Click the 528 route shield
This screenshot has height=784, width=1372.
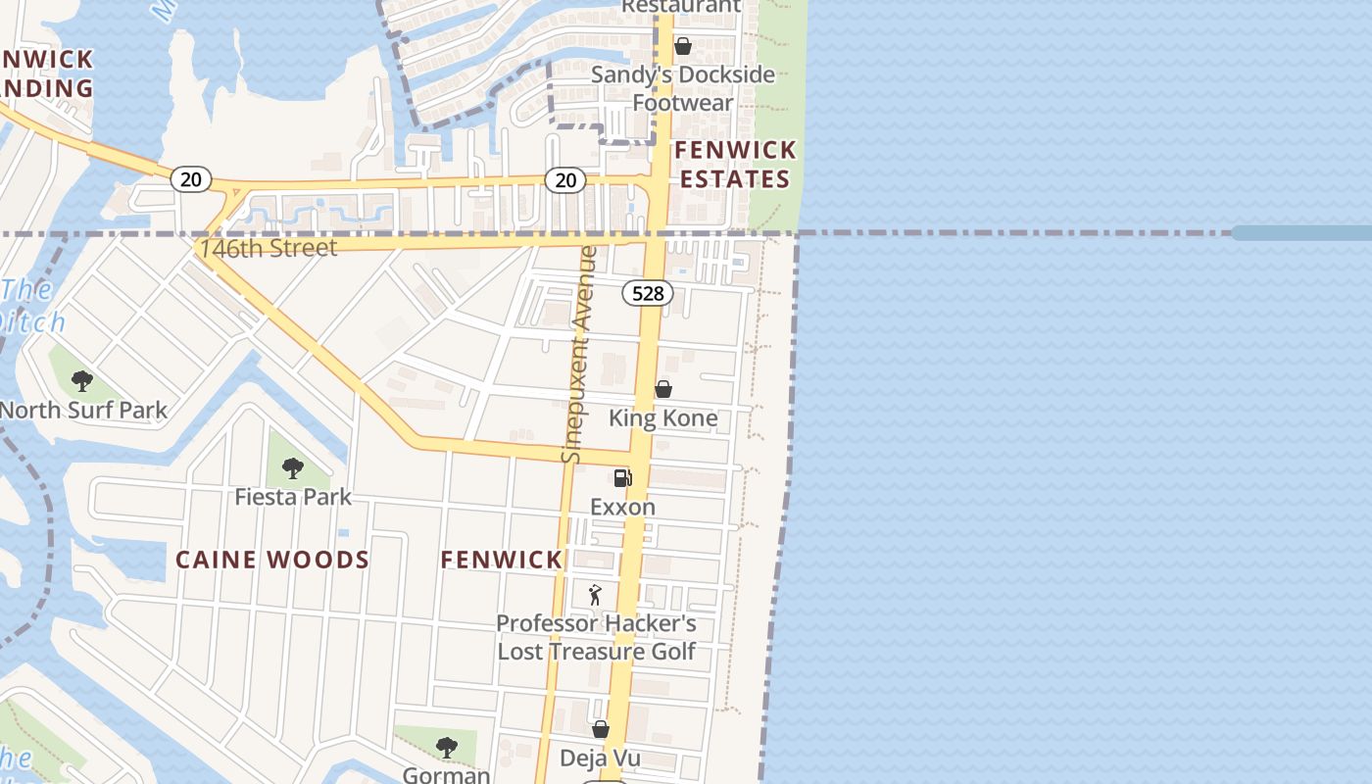point(648,293)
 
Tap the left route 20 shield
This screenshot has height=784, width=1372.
point(191,178)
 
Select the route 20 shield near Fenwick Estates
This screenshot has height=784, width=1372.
point(565,179)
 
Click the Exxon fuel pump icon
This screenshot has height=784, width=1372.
point(622,478)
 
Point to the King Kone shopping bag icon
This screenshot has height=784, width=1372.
point(663,389)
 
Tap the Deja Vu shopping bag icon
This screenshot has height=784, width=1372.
point(601,729)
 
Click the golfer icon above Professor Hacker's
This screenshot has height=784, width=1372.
point(595,595)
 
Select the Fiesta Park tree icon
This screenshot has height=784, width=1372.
point(292,468)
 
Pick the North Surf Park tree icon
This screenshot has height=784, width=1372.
point(82,380)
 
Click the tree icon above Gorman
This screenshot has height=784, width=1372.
point(446,748)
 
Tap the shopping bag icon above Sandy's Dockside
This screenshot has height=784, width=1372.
point(683,46)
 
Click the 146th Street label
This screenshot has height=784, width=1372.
point(269,248)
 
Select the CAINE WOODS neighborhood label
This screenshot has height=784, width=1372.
point(272,560)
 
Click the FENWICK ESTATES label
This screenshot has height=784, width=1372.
point(735,165)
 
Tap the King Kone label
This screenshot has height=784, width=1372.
point(663,418)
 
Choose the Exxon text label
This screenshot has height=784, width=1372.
point(622,508)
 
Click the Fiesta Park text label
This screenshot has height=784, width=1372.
point(292,498)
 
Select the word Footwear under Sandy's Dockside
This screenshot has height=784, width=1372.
point(682,103)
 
